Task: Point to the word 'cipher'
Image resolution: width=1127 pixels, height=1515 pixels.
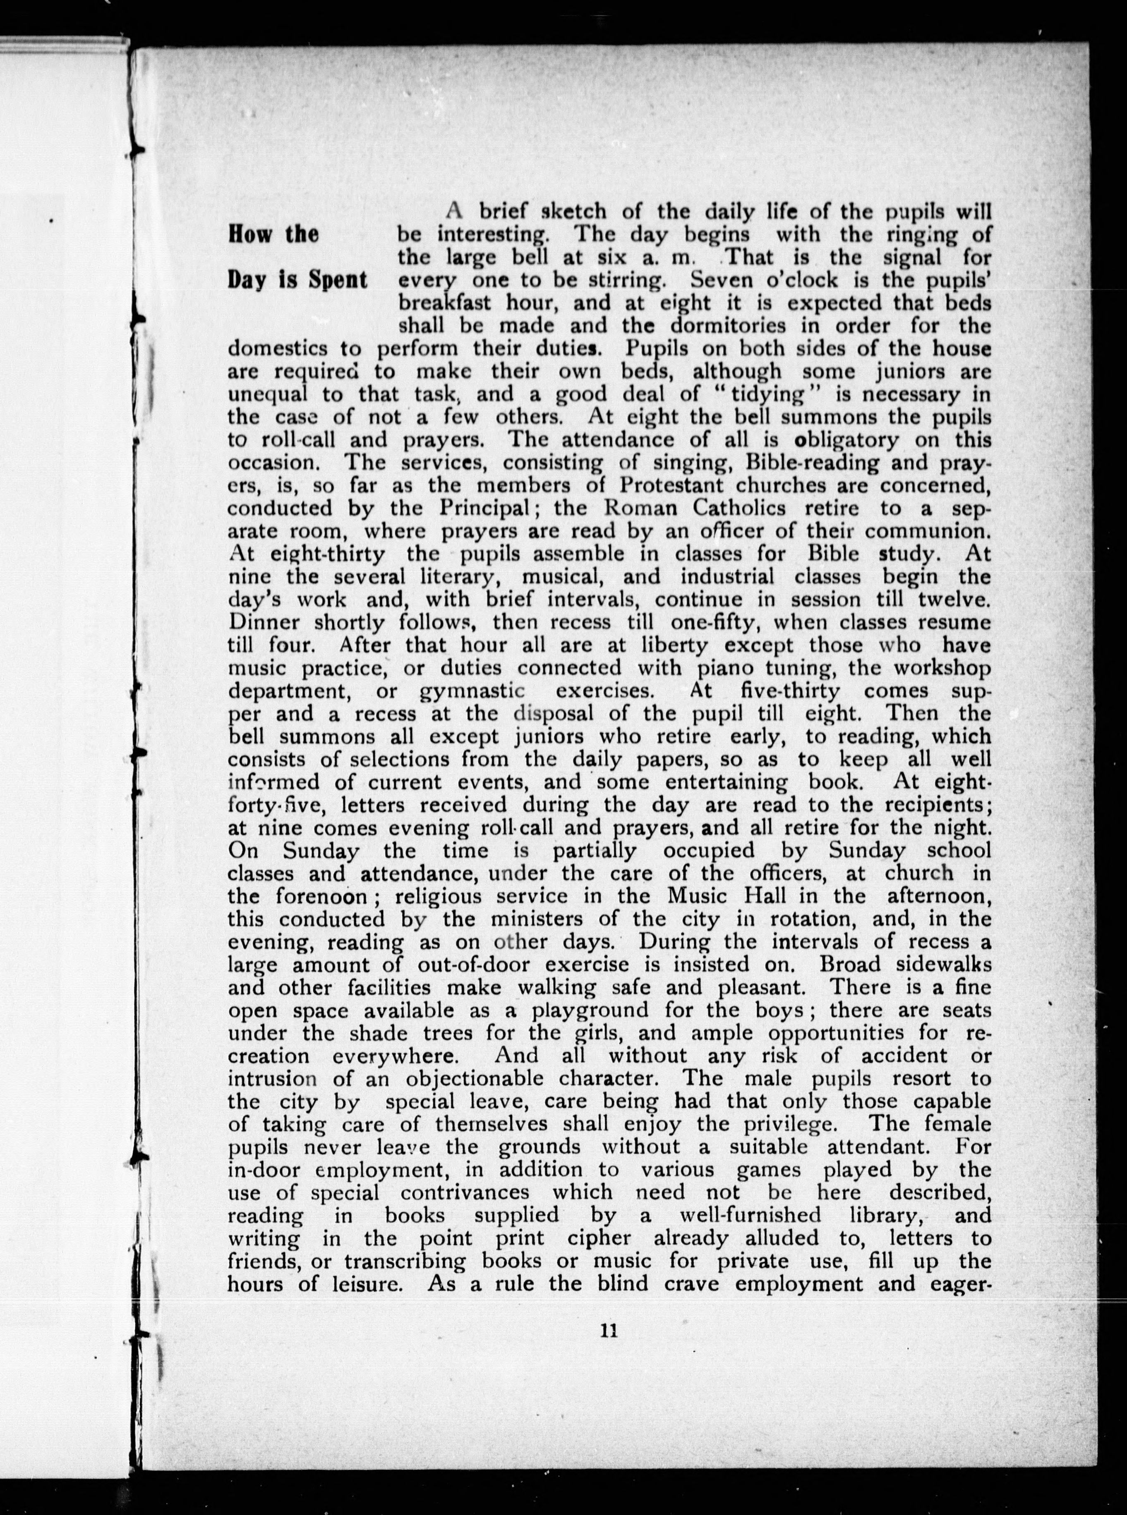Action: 598,1239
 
